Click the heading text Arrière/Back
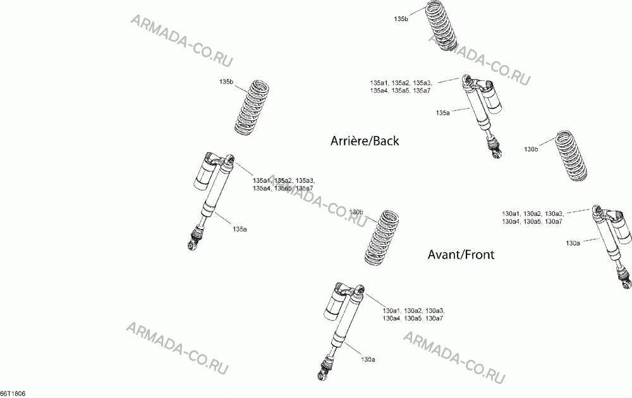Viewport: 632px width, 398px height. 365,141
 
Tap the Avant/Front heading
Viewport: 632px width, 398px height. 461,255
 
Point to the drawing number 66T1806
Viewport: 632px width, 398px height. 13,394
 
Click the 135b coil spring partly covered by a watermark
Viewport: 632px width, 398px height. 441,25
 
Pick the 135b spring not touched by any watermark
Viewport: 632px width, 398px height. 252,108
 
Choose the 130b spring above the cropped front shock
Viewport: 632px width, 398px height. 572,156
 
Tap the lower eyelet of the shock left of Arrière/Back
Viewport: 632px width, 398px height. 193,244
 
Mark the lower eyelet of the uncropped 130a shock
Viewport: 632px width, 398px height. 323,375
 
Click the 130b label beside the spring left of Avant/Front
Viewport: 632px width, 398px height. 356,212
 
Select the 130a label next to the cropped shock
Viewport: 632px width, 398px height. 573,243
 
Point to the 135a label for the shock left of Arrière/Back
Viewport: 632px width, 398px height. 240,229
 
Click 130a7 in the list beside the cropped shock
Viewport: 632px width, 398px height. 554,221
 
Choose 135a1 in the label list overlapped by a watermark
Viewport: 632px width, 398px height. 262,180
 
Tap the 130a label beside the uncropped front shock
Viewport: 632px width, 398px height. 368,359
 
